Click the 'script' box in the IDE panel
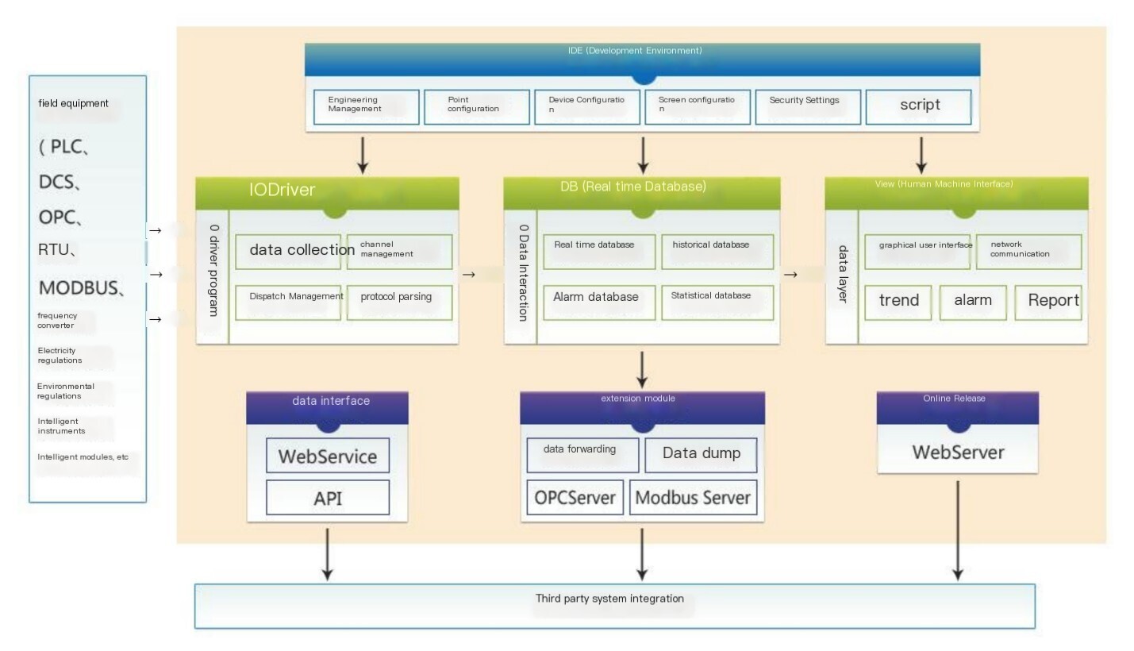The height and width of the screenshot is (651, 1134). tap(918, 107)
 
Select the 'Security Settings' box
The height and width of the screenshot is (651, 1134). tap(808, 107)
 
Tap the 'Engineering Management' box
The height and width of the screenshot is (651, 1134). tap(367, 107)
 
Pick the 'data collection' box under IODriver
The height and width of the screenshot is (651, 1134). tap(288, 252)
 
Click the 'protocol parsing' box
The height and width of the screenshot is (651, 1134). tap(399, 302)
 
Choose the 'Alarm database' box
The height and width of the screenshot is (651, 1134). tap(599, 302)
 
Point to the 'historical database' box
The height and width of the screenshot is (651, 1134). tap(717, 252)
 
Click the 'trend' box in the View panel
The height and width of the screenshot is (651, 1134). tap(898, 302)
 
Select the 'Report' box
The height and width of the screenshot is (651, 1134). tap(1048, 302)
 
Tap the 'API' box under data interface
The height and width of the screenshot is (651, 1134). tap(328, 498)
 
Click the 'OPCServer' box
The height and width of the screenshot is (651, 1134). tap(575, 498)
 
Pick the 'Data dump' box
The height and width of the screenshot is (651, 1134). tap(702, 455)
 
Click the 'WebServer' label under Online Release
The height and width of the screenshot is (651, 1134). tap(958, 453)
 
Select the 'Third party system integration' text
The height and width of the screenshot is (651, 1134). tap(609, 599)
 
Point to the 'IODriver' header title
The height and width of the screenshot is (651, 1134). tap(282, 190)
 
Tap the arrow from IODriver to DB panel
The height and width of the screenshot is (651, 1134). tap(469, 275)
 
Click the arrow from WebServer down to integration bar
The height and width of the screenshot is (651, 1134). tap(957, 530)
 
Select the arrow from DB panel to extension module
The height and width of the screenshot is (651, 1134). tap(642, 370)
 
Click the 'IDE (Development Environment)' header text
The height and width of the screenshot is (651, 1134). tap(635, 51)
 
